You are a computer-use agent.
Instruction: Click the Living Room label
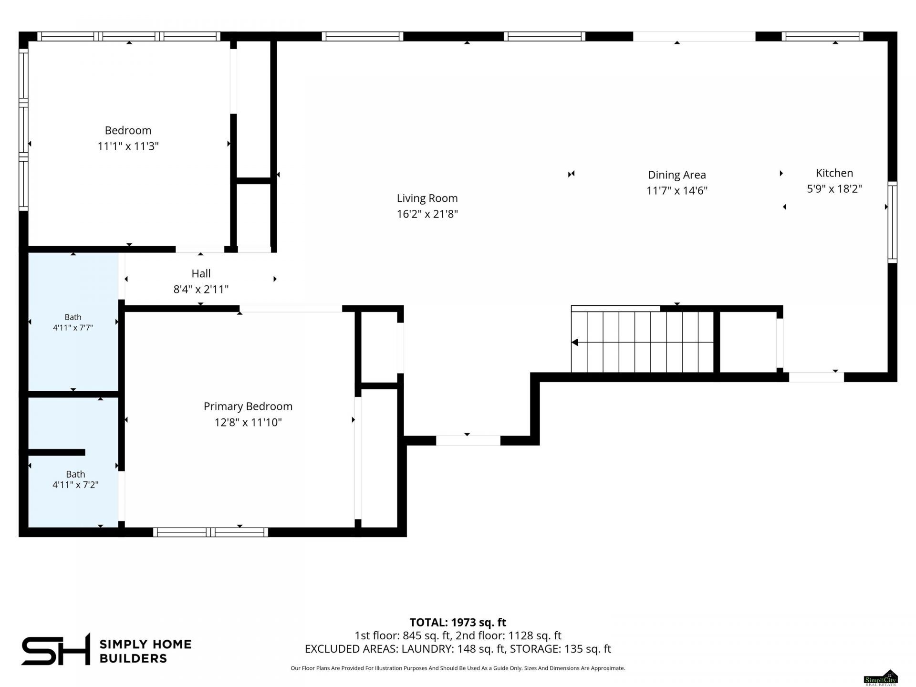tap(427, 198)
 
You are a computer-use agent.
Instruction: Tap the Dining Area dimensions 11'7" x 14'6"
tap(677, 190)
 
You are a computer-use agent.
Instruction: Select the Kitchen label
tap(834, 173)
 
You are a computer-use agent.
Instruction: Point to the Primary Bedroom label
tap(248, 406)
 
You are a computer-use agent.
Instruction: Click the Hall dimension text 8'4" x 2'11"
tap(201, 289)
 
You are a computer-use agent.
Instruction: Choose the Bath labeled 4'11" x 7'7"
tap(73, 322)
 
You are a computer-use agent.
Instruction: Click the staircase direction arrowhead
tap(575, 342)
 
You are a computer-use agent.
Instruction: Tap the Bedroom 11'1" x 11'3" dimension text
tap(128, 146)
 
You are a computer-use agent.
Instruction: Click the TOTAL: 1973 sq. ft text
tap(458, 622)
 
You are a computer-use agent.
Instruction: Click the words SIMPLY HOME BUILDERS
tap(145, 651)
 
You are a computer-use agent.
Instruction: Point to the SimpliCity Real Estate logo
tap(881, 677)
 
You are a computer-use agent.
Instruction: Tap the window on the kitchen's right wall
tap(892, 222)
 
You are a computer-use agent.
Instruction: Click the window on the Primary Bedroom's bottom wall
tap(210, 532)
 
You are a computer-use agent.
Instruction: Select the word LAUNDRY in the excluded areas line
tap(427, 649)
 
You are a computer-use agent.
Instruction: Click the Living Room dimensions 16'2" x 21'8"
tap(427, 214)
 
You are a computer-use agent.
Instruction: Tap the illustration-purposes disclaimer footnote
tap(458, 668)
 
